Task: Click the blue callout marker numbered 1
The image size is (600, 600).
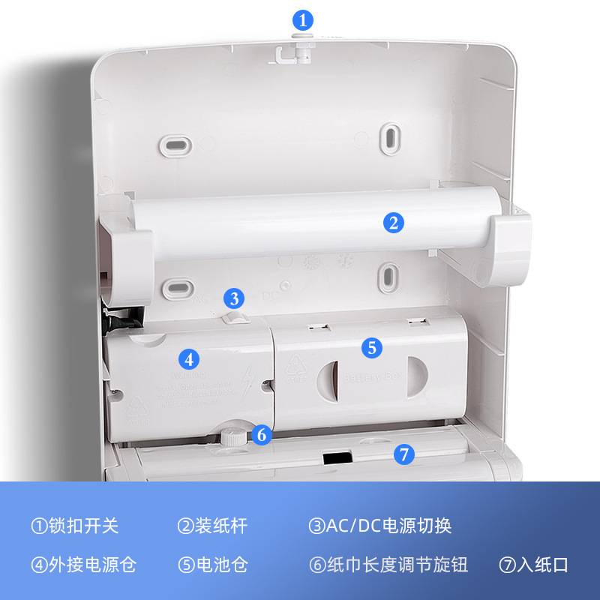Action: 302,19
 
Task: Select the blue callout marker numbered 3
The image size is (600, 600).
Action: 235,298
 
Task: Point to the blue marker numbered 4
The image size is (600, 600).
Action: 190,358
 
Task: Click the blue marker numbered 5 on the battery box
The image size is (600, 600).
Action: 372,347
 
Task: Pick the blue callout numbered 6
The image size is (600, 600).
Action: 260,434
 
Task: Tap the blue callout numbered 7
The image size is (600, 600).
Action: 403,454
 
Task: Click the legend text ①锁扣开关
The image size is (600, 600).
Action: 75,525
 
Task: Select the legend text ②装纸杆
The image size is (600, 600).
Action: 212,525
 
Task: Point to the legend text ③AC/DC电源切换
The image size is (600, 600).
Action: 380,525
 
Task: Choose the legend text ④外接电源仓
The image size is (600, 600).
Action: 83,564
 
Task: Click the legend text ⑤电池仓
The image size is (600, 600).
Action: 212,564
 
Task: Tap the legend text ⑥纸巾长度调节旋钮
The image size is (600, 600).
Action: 388,564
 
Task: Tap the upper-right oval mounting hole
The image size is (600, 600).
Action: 390,136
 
